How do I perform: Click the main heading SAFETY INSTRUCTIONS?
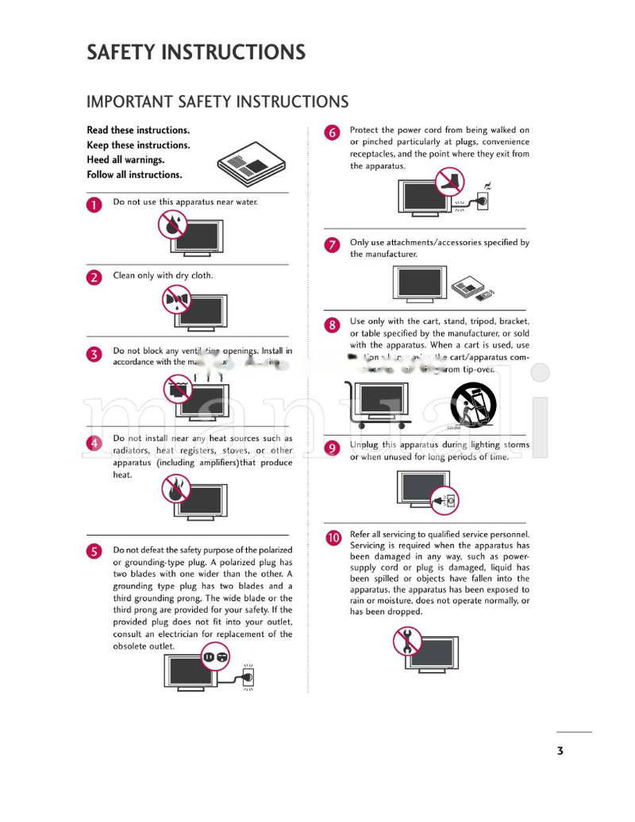coord(195,52)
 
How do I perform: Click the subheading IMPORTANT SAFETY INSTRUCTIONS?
coord(217,102)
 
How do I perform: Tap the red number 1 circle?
coord(94,205)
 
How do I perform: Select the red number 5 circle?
coord(94,551)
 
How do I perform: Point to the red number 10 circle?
coord(333,537)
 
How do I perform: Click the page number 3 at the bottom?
coord(560,751)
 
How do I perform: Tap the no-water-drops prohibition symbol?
coord(171,225)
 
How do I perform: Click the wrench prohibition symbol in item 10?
coord(407,640)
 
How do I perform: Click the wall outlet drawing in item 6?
coord(481,202)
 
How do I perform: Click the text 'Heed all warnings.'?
coord(125,159)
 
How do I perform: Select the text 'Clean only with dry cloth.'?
coord(163,275)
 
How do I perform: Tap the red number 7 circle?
coord(333,245)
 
